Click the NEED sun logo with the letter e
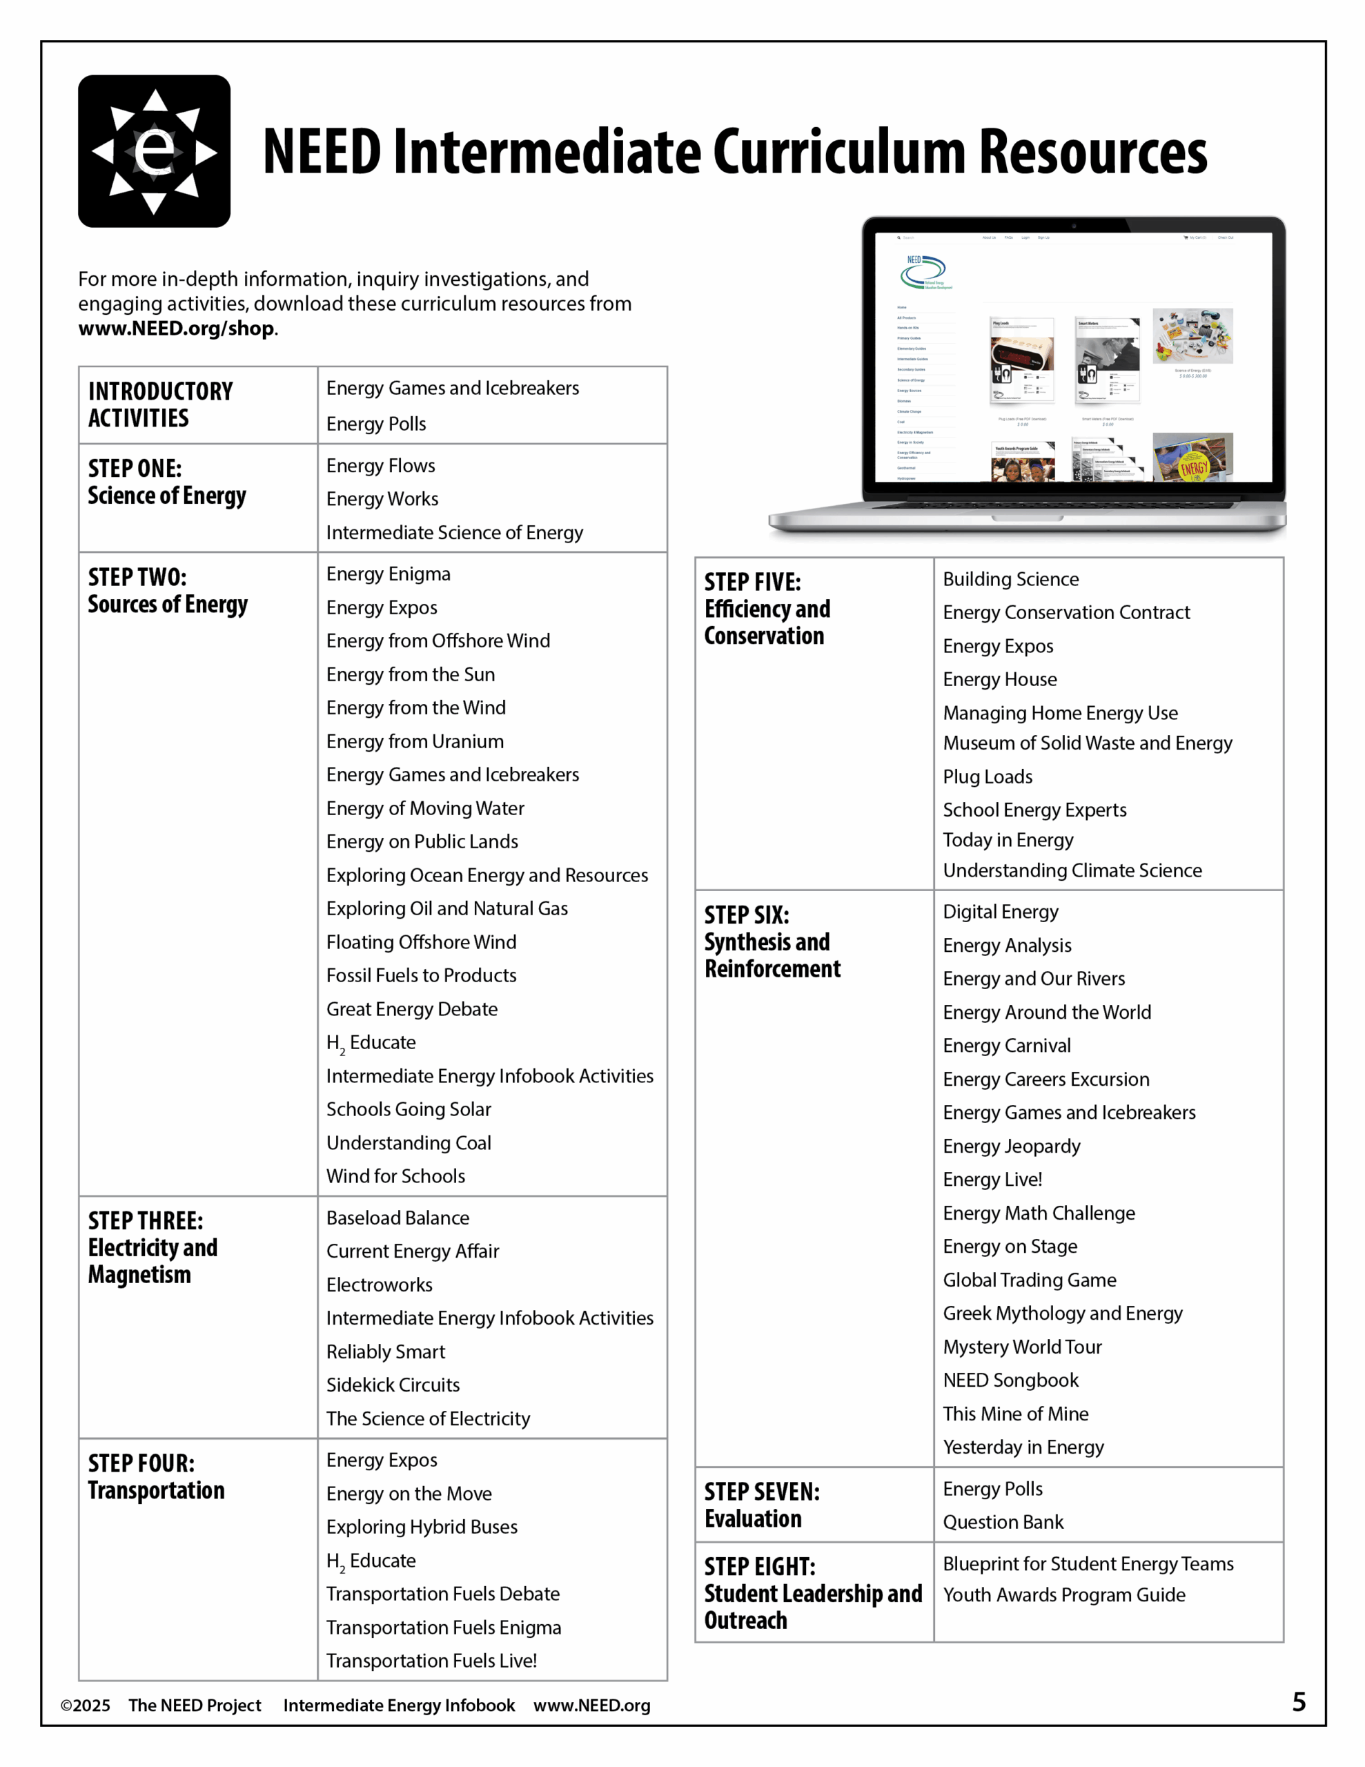click(154, 151)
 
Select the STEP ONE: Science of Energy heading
click(167, 482)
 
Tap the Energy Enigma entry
click(389, 574)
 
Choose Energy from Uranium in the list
click(415, 742)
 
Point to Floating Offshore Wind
click(422, 943)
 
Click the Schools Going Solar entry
click(409, 1110)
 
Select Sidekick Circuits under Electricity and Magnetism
click(393, 1385)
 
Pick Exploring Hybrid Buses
click(422, 1527)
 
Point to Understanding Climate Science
click(1072, 871)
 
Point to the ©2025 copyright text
click(86, 1706)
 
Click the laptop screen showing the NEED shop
click(1073, 358)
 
